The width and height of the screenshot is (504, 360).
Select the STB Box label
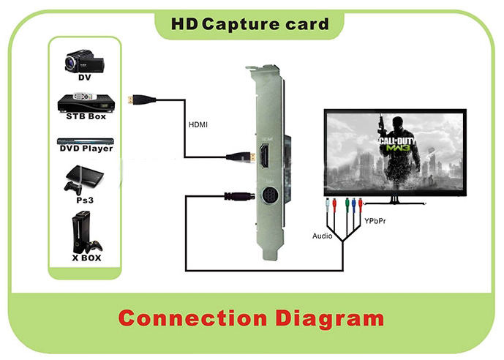coord(86,116)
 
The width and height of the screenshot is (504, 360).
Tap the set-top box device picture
coord(86,101)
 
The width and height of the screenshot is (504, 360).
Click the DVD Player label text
coord(86,149)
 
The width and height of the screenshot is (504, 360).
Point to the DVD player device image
coord(86,138)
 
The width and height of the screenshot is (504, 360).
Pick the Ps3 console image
coord(85,179)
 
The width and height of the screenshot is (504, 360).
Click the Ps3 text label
coord(86,199)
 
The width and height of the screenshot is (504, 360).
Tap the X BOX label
coord(86,258)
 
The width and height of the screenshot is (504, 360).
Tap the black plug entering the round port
coord(237,196)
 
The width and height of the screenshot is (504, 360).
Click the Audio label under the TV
coord(322,236)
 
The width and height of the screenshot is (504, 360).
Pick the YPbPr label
coord(374,220)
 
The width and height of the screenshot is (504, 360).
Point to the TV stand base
coord(395,200)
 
